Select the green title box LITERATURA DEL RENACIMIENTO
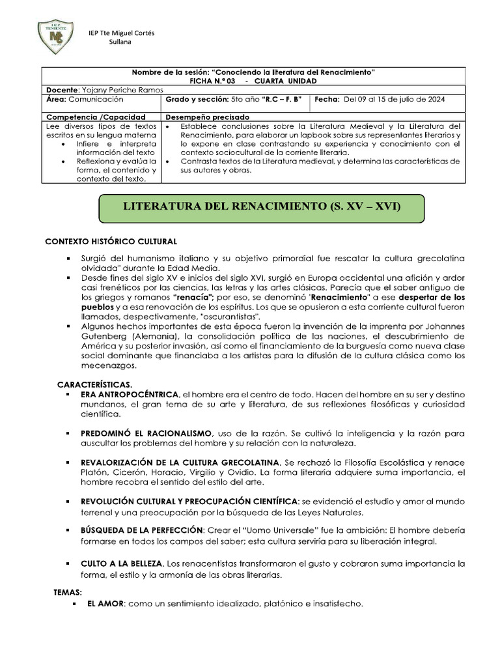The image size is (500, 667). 262,206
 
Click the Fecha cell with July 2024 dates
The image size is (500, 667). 387,100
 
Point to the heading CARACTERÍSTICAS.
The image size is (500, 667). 94,386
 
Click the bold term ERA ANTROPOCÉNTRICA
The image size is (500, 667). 130,395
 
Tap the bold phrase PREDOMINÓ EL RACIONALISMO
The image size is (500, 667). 146,433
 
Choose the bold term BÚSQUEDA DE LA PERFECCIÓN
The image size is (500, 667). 142,530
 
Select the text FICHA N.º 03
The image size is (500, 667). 211,80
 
